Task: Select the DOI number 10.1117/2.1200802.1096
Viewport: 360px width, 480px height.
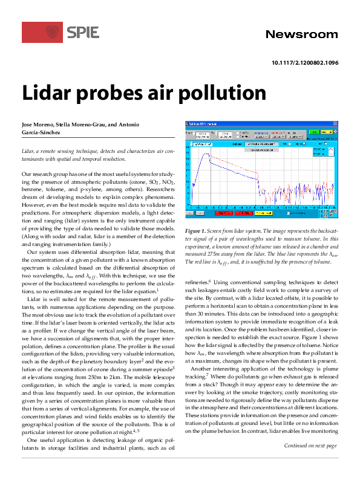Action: (x=305, y=63)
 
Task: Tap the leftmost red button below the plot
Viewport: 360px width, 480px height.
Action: (x=224, y=213)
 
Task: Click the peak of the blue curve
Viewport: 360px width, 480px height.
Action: (x=208, y=154)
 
